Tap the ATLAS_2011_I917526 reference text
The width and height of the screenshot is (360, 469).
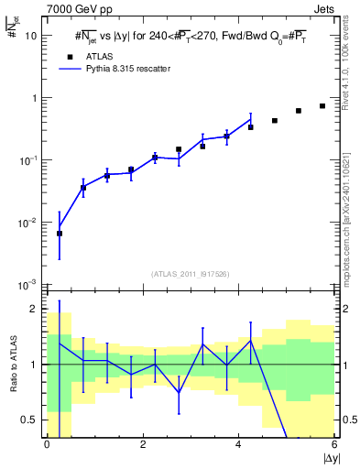coord(191,274)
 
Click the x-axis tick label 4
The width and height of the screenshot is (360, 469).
coord(239,445)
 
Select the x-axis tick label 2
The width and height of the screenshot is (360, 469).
coord(143,445)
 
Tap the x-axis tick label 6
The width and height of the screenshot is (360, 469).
coord(335,445)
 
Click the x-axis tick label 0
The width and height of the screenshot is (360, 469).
coord(47,445)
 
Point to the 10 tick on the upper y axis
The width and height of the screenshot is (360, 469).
coord(30,36)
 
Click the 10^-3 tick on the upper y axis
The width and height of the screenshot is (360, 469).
coord(27,284)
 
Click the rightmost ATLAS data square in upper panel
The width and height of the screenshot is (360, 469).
coord(322,106)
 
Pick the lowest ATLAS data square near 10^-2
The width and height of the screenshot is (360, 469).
coord(60,234)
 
